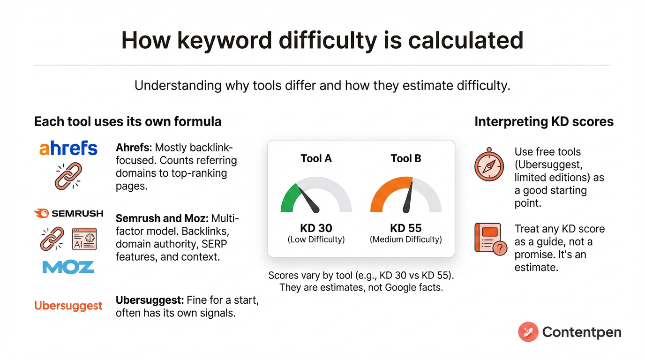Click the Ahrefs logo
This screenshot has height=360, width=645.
tap(68, 148)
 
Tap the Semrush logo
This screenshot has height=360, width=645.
tap(68, 214)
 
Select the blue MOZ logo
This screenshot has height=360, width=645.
tap(68, 267)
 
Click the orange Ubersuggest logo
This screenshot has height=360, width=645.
tap(68, 306)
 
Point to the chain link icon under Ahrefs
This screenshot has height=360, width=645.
tap(68, 176)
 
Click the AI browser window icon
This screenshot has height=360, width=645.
tap(84, 239)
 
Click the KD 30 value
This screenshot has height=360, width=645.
tap(316, 228)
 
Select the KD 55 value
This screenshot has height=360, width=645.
tap(405, 228)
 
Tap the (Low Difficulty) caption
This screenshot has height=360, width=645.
tap(316, 240)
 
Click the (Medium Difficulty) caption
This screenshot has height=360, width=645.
tap(405, 240)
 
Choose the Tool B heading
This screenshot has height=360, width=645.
tap(405, 158)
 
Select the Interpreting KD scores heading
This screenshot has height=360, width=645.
tap(544, 122)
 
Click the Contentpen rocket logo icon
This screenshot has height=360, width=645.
tap(528, 332)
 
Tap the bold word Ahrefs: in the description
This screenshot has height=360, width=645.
tap(133, 148)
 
